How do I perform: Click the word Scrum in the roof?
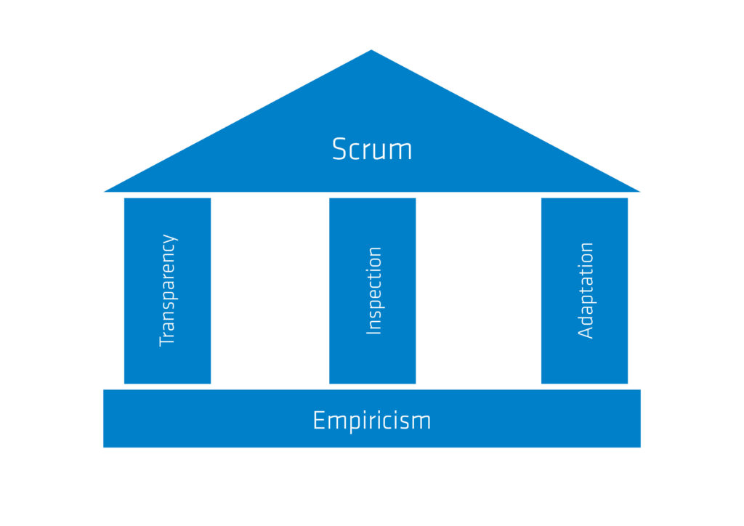coord(371,149)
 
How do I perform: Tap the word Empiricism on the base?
coord(371,420)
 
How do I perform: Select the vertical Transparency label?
coord(167,290)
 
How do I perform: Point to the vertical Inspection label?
coord(373,291)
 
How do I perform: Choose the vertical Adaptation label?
coord(586,290)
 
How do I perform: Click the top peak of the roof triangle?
coord(371,52)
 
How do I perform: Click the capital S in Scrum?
coord(340,149)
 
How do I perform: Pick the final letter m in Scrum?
coord(400,151)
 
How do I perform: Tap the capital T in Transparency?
coord(167,340)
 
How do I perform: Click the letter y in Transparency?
coord(169,238)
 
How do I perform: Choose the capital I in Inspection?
coord(373,331)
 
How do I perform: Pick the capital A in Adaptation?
coord(586,331)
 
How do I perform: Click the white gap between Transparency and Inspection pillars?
coord(270,291)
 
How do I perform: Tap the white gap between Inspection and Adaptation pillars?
coord(478,291)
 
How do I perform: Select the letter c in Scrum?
coord(357,151)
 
